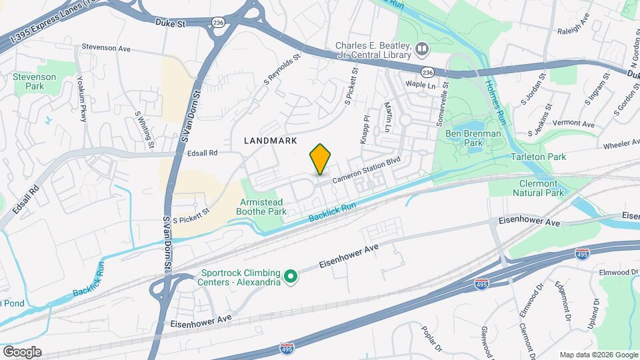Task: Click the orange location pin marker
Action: [321, 159]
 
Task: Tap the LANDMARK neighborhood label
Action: [270, 141]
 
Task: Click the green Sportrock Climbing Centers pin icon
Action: [291, 275]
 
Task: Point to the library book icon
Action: [421, 49]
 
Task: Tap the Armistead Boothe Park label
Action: [263, 207]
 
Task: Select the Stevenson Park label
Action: [29, 81]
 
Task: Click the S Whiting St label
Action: [144, 129]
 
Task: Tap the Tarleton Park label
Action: [538, 157]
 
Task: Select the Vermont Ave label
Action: [573, 123]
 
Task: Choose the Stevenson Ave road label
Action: [106, 48]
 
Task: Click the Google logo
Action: [22, 352]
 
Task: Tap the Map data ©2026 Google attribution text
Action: [598, 355]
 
